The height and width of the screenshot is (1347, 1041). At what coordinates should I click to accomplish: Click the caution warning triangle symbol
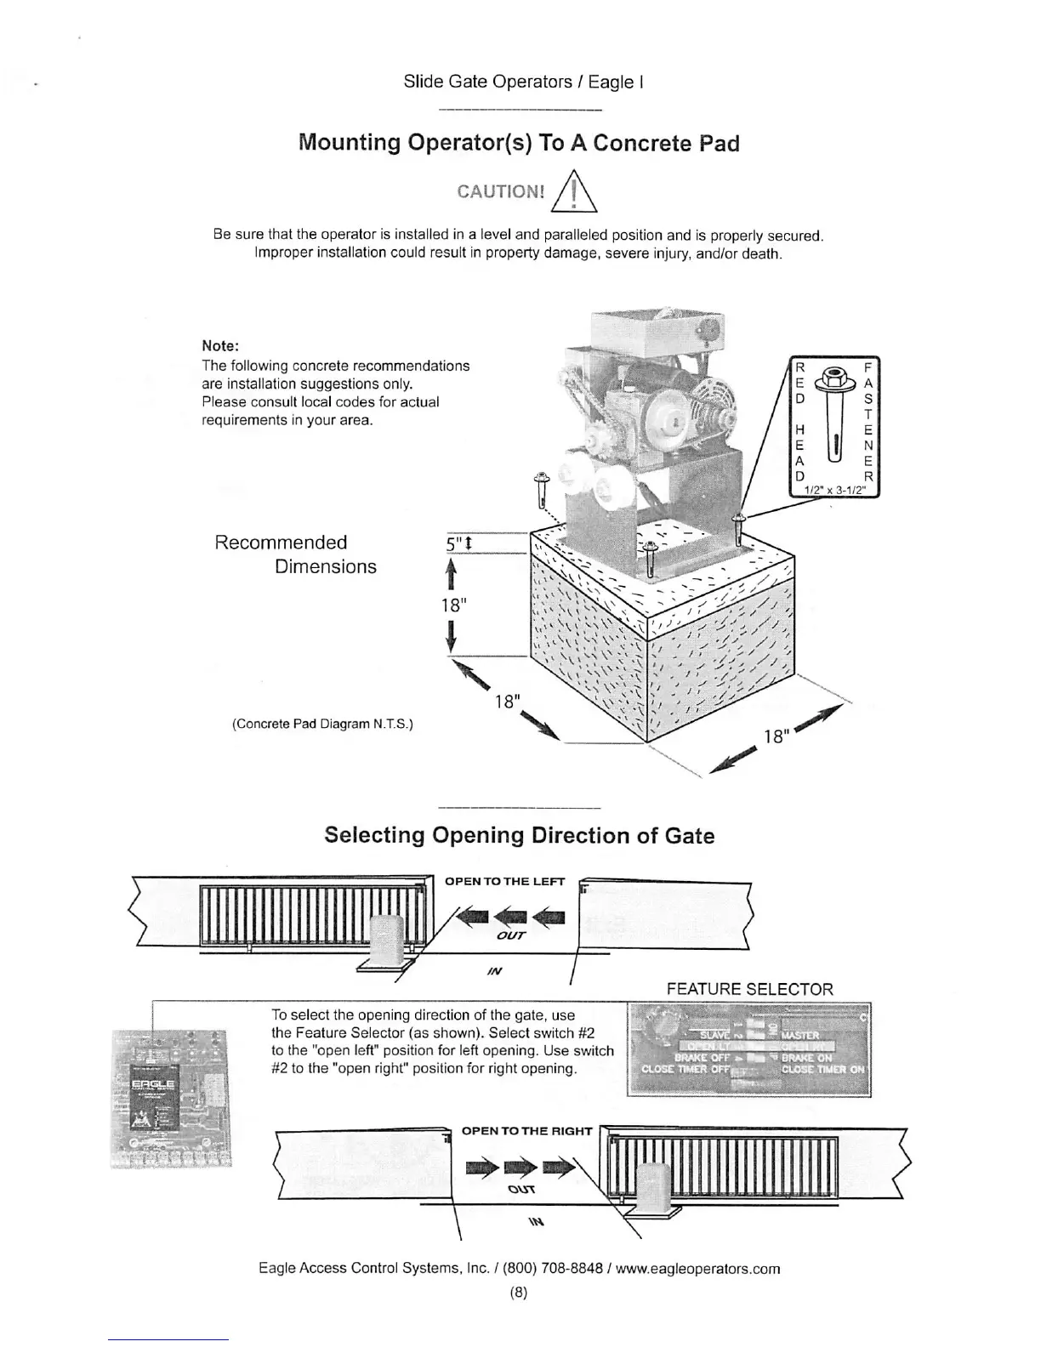pyautogui.click(x=576, y=191)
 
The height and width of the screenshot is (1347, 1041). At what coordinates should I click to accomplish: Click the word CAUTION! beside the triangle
pyautogui.click(x=500, y=190)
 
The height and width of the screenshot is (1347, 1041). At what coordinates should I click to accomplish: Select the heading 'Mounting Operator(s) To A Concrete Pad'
pyautogui.click(x=519, y=143)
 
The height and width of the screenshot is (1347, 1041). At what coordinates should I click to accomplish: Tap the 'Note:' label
pyautogui.click(x=220, y=346)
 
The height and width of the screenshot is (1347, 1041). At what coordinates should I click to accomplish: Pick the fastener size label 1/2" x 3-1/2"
pyautogui.click(x=835, y=490)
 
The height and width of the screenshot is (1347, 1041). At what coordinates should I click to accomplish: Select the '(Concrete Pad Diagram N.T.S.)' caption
pyautogui.click(x=322, y=725)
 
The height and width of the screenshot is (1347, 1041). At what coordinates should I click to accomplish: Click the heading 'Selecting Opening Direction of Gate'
pyautogui.click(x=519, y=835)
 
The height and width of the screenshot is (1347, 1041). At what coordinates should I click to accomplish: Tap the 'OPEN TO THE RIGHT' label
pyautogui.click(x=526, y=1131)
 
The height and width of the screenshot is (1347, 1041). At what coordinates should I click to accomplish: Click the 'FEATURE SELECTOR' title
pyautogui.click(x=749, y=989)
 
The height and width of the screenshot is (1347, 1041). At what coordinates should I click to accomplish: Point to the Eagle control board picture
pyautogui.click(x=172, y=1097)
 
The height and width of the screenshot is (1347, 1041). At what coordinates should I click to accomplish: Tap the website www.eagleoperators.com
pyautogui.click(x=697, y=1269)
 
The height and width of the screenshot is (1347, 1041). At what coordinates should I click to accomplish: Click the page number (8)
pyautogui.click(x=519, y=1293)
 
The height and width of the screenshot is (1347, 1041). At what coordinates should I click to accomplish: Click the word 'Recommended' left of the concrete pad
pyautogui.click(x=281, y=543)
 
